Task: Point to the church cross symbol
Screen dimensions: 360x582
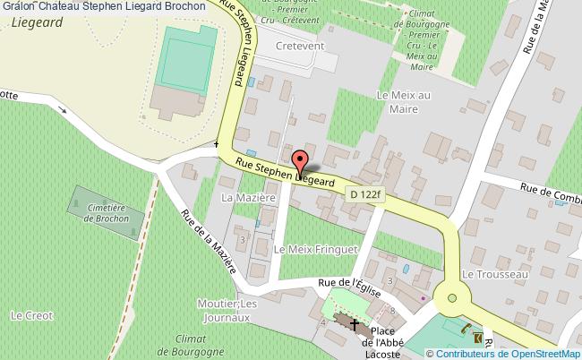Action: tap(355, 323)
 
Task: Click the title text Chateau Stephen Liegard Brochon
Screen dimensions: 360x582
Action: tap(114, 6)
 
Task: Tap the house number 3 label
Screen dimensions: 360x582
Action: tap(242, 239)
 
